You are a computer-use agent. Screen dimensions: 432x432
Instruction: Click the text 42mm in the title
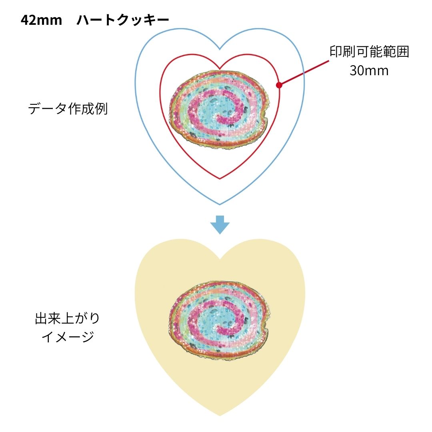pos(41,20)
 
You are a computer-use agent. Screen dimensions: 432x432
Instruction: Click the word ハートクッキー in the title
pos(123,20)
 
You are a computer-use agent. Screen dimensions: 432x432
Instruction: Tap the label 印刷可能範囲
pos(369,52)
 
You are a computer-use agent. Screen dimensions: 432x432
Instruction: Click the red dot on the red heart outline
pos(279,85)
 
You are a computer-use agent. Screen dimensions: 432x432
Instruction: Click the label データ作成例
pos(68,109)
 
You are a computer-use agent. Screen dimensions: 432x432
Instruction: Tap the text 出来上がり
pos(67,319)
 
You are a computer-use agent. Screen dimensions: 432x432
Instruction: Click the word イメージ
pos(67,337)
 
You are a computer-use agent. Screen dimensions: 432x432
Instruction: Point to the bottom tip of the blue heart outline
pos(220,204)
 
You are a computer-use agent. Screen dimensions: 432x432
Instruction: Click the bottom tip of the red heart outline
pos(220,179)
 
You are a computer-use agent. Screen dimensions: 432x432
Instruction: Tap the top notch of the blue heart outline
pos(220,50)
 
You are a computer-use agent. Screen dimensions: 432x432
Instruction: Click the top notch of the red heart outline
pos(220,68)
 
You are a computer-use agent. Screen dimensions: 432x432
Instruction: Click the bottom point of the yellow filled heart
pos(220,416)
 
